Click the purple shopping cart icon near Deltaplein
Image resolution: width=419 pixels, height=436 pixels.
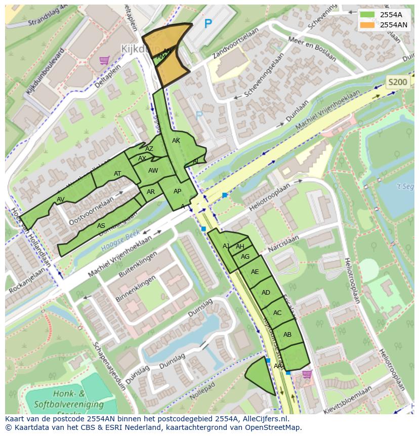105,60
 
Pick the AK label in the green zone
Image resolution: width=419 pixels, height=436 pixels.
176,141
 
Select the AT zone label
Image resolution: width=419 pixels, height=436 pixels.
117,174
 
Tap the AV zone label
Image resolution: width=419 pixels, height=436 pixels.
61,199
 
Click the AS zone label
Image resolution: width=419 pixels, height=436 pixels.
101,226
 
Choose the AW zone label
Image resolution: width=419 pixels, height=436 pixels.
153,171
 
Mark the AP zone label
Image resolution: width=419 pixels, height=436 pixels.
177,191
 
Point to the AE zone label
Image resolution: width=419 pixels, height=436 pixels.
255,272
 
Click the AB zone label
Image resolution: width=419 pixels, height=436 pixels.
287,335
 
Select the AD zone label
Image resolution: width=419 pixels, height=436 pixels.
266,293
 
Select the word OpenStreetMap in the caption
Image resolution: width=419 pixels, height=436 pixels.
274,427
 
